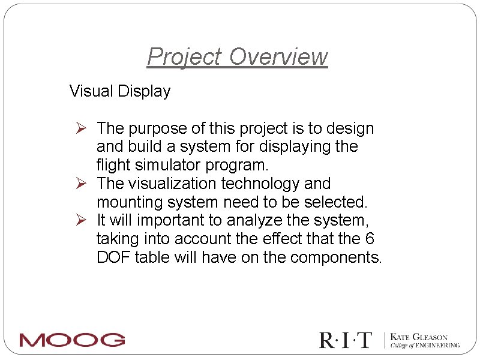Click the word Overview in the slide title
pos(278,57)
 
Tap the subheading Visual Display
pos(120,91)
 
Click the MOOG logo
pos(72,340)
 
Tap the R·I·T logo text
pos(346,340)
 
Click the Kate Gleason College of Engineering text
pos(425,341)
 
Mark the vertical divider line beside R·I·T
pos(383,340)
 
